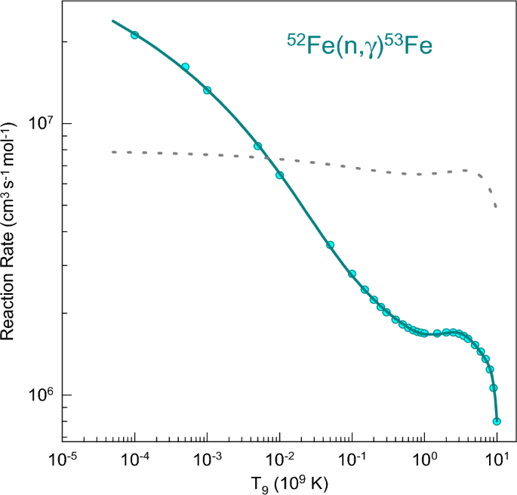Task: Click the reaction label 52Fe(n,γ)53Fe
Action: pos(359,46)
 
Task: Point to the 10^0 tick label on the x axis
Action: pos(425,459)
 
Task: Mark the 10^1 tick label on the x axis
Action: pos(497,459)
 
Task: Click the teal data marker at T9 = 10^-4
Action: pos(134,35)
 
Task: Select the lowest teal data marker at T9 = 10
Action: pos(497,421)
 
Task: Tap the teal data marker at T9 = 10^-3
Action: pos(207,90)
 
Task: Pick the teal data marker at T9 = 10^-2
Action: pos(279,175)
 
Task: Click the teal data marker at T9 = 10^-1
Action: pos(352,274)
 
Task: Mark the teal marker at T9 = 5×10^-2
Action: pos(330,245)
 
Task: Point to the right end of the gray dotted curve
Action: pos(496,206)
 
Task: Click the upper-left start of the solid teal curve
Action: pos(112,20)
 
